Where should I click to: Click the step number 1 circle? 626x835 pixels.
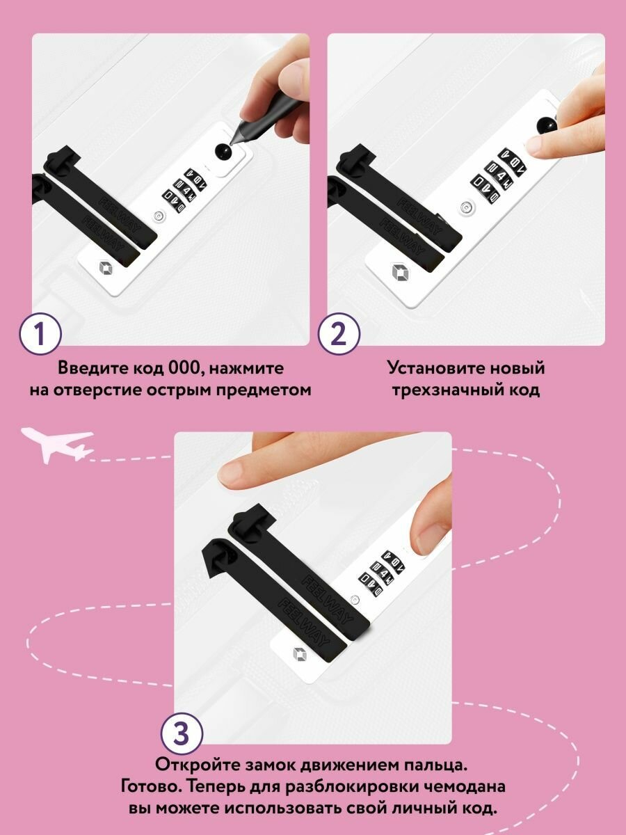[x=40, y=334]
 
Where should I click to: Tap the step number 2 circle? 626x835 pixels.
[x=339, y=334]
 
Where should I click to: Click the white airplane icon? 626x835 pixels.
[x=57, y=445]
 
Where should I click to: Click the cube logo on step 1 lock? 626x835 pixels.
[x=106, y=267]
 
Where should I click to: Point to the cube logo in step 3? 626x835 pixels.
[x=300, y=654]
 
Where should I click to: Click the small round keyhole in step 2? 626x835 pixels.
[x=467, y=207]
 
